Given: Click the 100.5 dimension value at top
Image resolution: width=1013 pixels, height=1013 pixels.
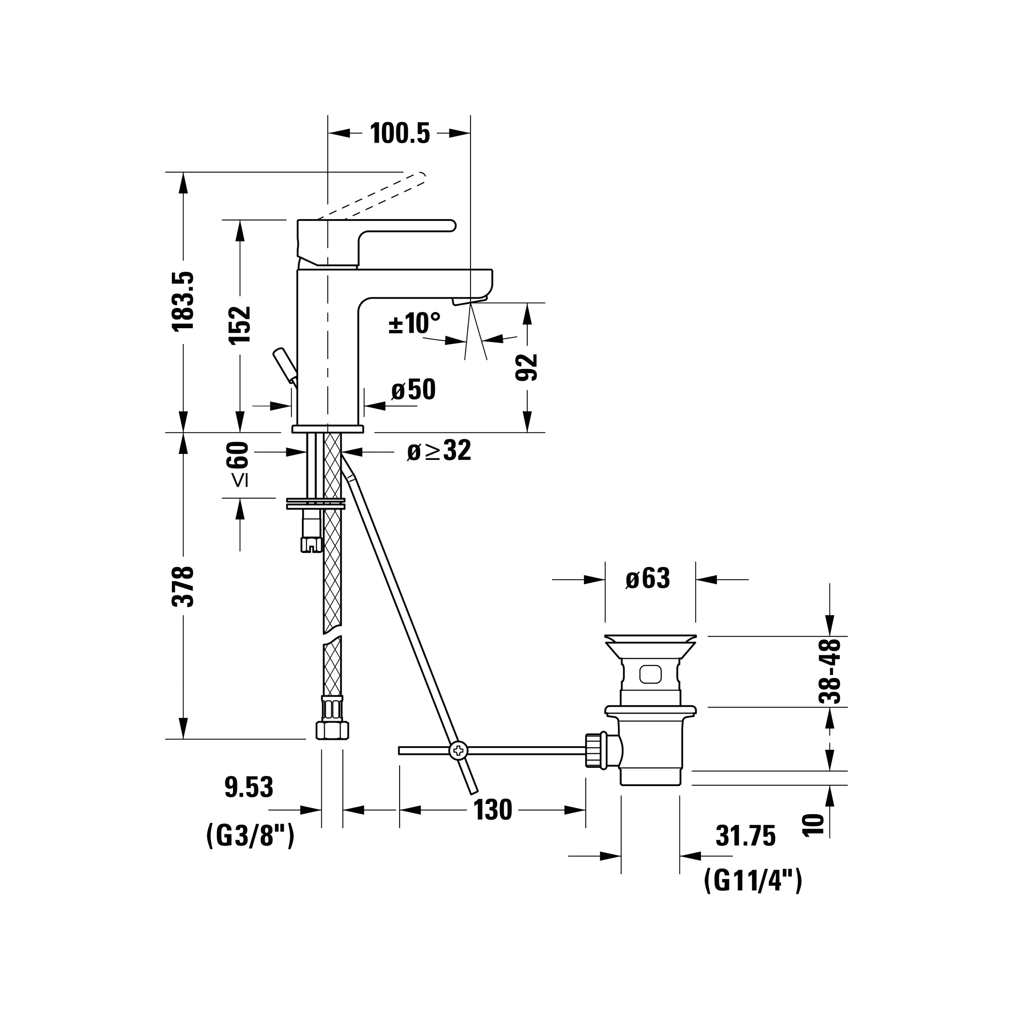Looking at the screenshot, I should tap(400, 133).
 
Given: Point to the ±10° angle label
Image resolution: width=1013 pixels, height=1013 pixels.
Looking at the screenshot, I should tap(414, 323).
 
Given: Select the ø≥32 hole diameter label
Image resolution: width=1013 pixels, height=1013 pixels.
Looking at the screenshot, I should tap(439, 451).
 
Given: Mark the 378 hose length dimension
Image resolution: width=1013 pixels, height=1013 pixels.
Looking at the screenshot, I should tap(184, 587).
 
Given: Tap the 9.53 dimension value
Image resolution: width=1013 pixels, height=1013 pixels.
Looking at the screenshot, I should tap(249, 788).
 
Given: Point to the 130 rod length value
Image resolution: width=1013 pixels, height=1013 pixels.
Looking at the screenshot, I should tap(493, 810).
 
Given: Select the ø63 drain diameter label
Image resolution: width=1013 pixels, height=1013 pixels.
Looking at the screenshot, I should tap(648, 579).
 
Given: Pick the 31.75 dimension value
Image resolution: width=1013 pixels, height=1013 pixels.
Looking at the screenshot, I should tap(746, 836).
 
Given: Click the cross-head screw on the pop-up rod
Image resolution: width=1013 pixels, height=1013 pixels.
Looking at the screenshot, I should tap(458, 750).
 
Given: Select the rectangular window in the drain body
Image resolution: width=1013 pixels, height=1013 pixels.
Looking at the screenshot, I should tap(651, 674).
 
